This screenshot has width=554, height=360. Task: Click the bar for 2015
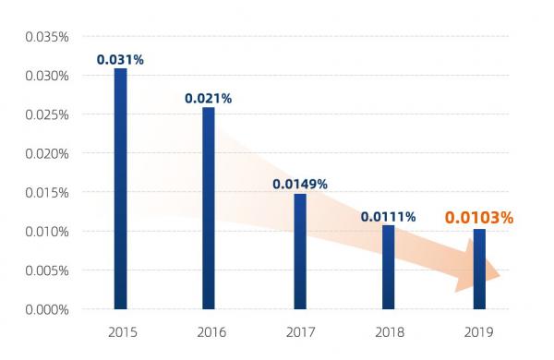pos(120,188)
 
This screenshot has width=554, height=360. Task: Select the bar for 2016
pos(209,208)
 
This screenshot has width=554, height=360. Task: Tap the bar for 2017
pos(300,251)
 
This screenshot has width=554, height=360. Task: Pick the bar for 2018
pos(389,267)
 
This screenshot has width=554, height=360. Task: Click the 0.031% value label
pos(120,59)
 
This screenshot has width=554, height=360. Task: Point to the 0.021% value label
pos(208,98)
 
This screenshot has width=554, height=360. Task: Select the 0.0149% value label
pos(299,184)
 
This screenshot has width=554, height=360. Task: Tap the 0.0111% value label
pos(388,217)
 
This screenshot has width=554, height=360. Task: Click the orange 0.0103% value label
pos(478,219)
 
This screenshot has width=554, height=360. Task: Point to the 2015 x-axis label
pos(120,331)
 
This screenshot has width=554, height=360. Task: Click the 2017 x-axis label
pos(300,331)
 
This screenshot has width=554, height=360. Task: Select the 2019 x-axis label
pos(479,331)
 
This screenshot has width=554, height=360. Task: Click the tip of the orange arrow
pos(500,276)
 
